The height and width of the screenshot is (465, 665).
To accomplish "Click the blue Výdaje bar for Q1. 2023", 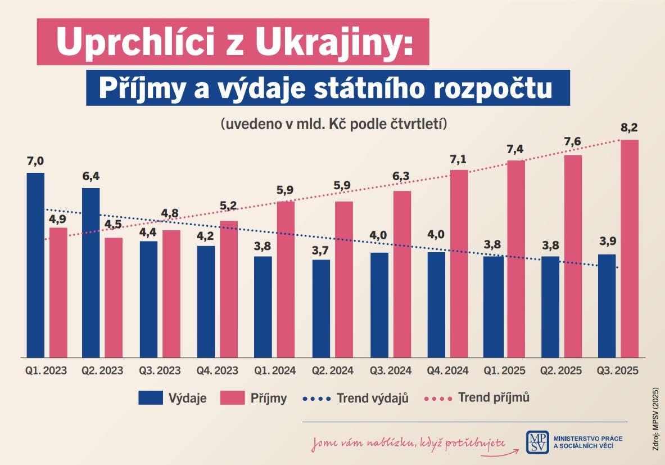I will click(35, 265).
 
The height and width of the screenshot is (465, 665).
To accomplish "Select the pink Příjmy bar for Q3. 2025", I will click(630, 248).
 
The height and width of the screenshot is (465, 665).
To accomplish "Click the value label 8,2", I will click(630, 128).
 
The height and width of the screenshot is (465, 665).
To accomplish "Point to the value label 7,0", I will click(35, 162).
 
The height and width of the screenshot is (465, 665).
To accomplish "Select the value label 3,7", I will click(320, 248).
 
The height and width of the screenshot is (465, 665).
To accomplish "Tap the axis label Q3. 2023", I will click(160, 371).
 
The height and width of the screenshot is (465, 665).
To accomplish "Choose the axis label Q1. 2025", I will click(504, 371).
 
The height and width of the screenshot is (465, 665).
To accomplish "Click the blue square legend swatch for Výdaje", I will click(150, 397).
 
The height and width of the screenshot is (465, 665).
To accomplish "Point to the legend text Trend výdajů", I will click(372, 398).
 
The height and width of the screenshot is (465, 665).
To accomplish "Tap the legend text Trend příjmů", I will click(494, 397).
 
